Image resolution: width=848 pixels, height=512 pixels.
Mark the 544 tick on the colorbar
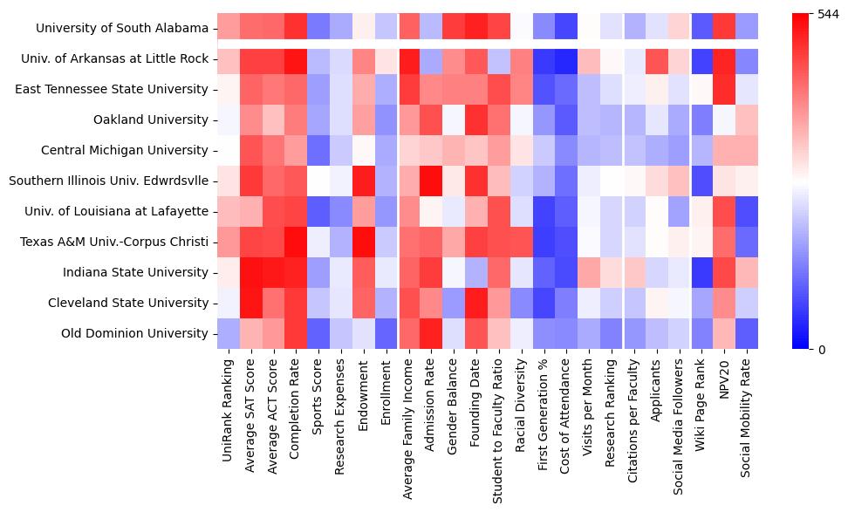click(829, 14)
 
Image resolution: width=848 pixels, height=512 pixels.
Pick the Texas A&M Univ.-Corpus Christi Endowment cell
click(365, 242)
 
